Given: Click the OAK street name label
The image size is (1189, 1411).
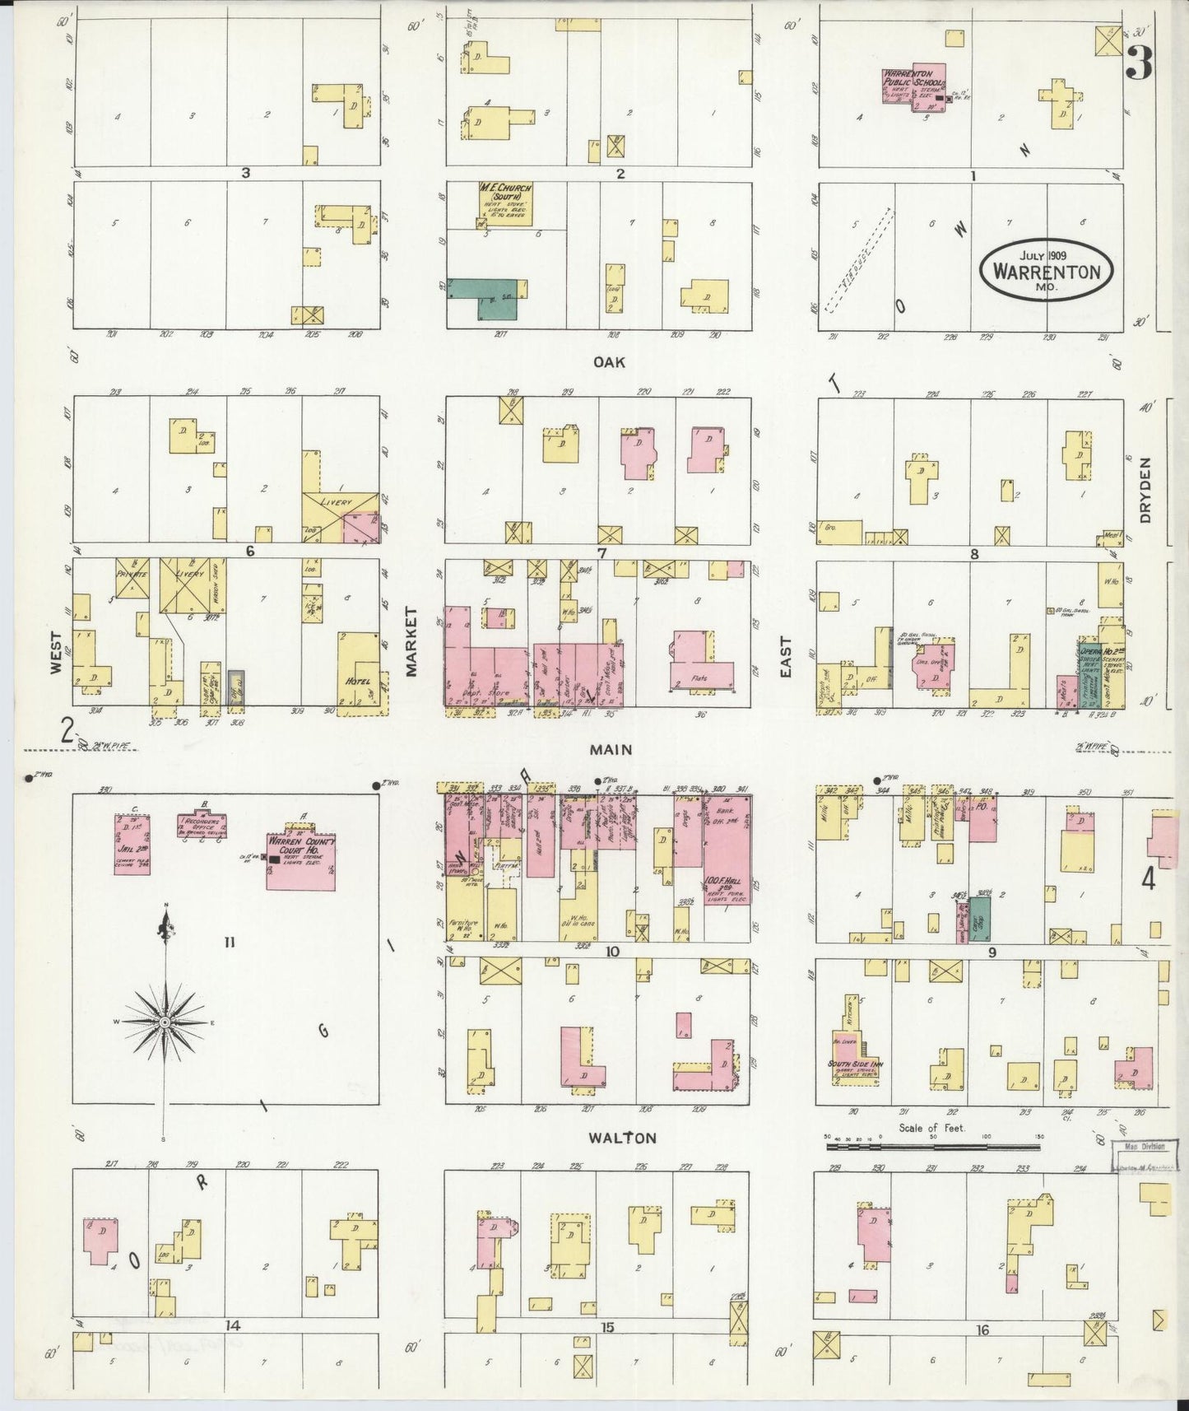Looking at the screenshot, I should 610,362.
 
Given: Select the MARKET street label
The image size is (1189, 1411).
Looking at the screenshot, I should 411,641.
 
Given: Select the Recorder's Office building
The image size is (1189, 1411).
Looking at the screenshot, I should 202,825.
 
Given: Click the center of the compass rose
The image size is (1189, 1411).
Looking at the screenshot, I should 165,1022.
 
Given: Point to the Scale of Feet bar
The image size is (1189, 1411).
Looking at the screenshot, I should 933,1145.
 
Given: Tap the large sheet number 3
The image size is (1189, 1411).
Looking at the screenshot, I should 1139,63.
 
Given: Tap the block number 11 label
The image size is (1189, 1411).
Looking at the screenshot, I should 229,943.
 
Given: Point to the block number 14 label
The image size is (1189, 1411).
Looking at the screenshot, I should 233,1325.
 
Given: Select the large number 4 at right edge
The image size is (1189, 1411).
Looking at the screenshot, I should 1147,879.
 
